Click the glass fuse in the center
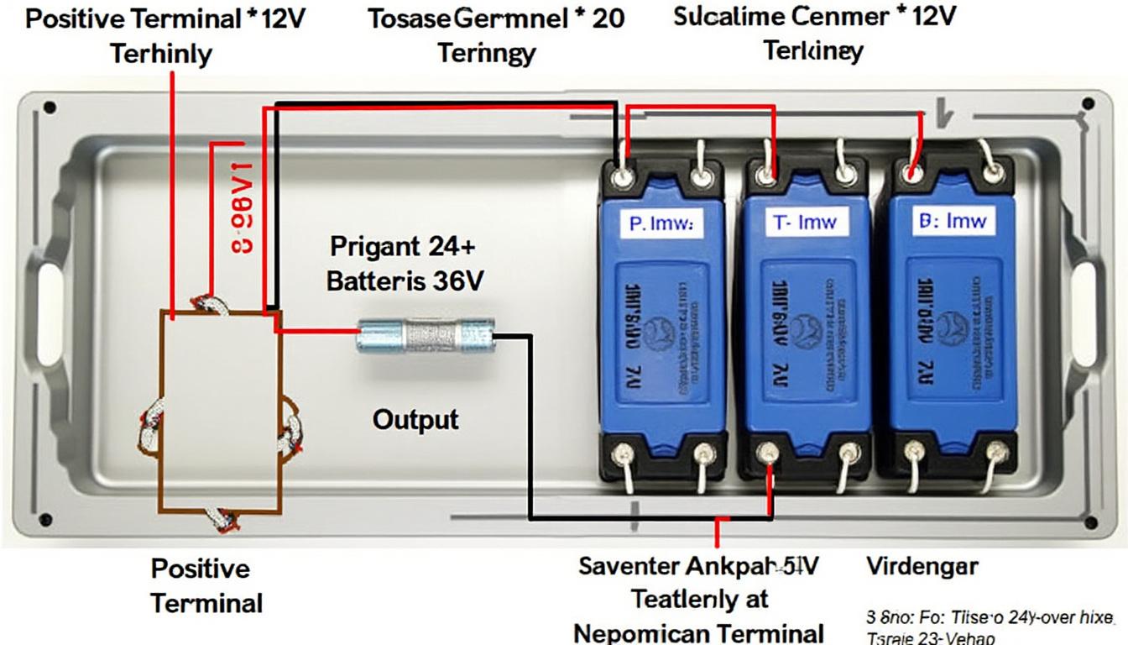[426, 335]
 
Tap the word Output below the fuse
[415, 419]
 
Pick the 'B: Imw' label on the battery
[949, 222]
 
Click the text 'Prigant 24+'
[403, 246]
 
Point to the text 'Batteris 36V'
[404, 281]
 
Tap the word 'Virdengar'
[921, 566]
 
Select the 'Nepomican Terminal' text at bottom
[697, 632]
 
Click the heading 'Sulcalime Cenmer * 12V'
[814, 17]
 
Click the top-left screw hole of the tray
[50, 107]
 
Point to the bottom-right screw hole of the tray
[1090, 522]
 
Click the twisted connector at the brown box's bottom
[224, 519]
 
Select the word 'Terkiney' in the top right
[812, 50]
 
